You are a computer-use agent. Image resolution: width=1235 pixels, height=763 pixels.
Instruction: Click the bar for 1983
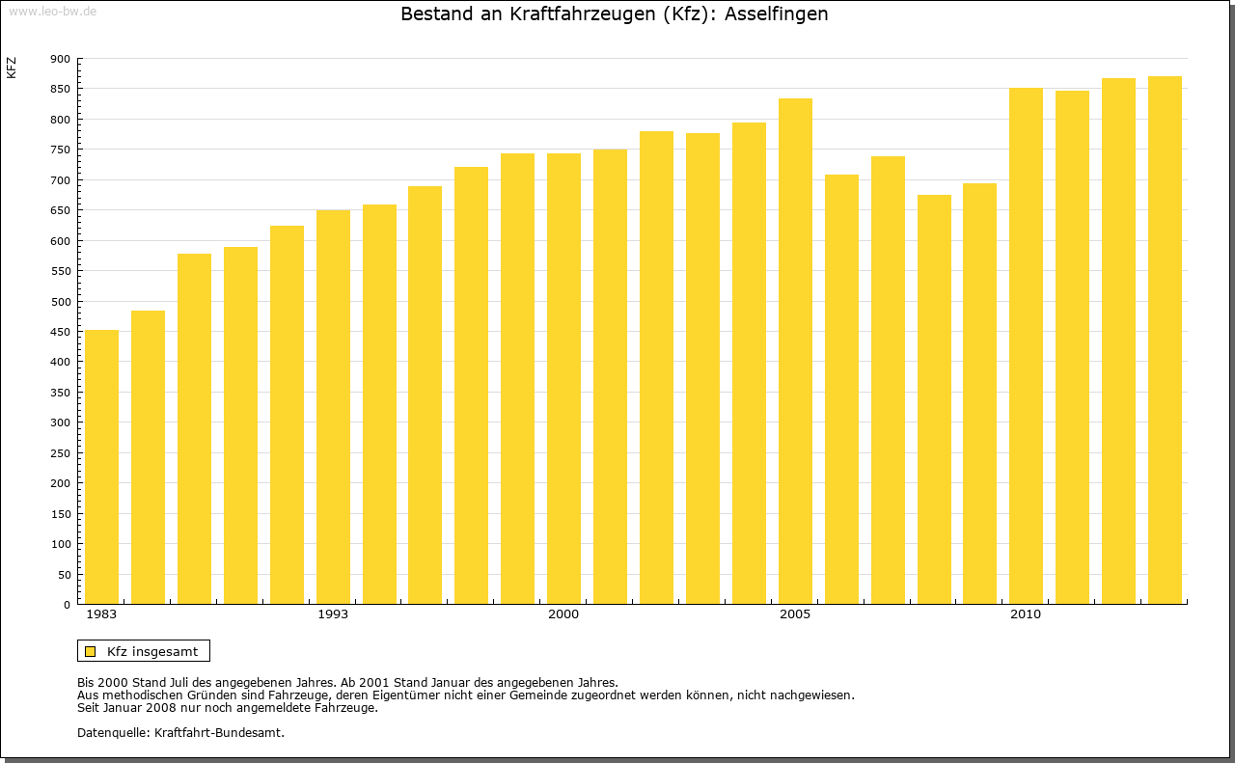coord(101,467)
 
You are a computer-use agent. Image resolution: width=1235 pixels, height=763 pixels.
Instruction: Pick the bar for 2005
coord(795,351)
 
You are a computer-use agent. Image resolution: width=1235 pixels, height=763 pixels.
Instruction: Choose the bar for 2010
coord(1026,346)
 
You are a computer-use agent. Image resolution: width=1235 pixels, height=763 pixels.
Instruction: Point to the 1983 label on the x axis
coord(101,614)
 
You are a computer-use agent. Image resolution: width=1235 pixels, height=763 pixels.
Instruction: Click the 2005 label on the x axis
coord(795,614)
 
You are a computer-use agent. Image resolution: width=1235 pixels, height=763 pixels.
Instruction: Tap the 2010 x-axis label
coord(1026,614)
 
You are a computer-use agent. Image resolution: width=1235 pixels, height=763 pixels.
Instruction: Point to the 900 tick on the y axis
coord(60,59)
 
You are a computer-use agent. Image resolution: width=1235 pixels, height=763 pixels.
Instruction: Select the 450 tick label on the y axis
coord(60,332)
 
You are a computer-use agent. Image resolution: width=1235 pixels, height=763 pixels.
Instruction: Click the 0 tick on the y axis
coord(67,605)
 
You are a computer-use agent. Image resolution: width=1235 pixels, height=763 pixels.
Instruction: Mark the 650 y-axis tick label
coord(60,210)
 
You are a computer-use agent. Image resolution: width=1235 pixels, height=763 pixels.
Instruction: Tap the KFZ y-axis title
coord(12,68)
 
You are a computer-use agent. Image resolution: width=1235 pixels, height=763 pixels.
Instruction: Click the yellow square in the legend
coord(91,651)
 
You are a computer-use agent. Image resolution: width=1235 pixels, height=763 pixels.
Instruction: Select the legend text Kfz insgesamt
coord(152,651)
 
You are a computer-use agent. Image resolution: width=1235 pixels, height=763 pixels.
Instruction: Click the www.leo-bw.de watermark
coord(52,11)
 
